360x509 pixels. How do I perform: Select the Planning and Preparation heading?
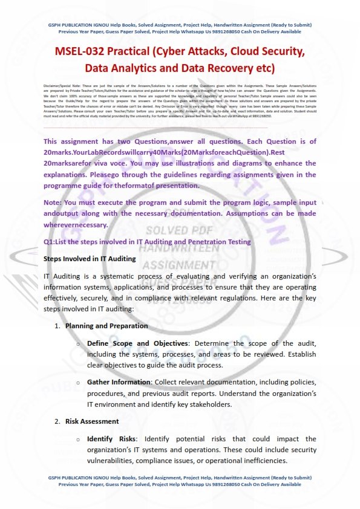pyautogui.click(x=106, y=326)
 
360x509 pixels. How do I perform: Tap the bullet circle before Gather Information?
pyautogui.click(x=78, y=382)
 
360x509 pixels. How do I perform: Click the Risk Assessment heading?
pyautogui.click(x=92, y=421)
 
